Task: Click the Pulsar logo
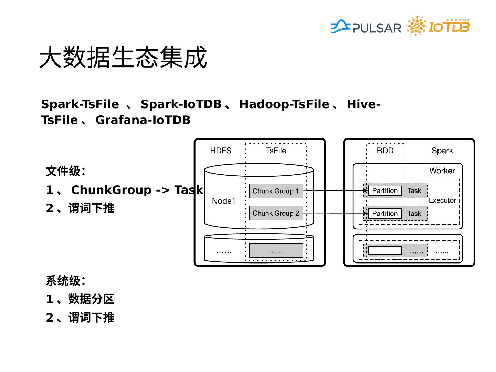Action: click(366, 27)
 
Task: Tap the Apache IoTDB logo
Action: click(438, 26)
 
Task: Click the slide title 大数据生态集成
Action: click(123, 57)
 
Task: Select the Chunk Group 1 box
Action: click(276, 191)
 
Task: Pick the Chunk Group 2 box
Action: click(276, 213)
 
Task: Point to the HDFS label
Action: click(221, 151)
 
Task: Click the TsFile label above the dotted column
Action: click(276, 151)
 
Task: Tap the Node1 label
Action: click(224, 201)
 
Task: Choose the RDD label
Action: click(385, 151)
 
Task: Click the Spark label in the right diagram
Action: click(442, 151)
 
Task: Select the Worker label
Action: click(442, 170)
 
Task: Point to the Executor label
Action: click(442, 200)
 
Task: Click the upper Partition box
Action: click(385, 191)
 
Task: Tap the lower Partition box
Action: click(385, 214)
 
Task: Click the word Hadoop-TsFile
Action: click(284, 104)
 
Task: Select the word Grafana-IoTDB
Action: click(143, 120)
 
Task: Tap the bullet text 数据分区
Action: click(91, 299)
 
